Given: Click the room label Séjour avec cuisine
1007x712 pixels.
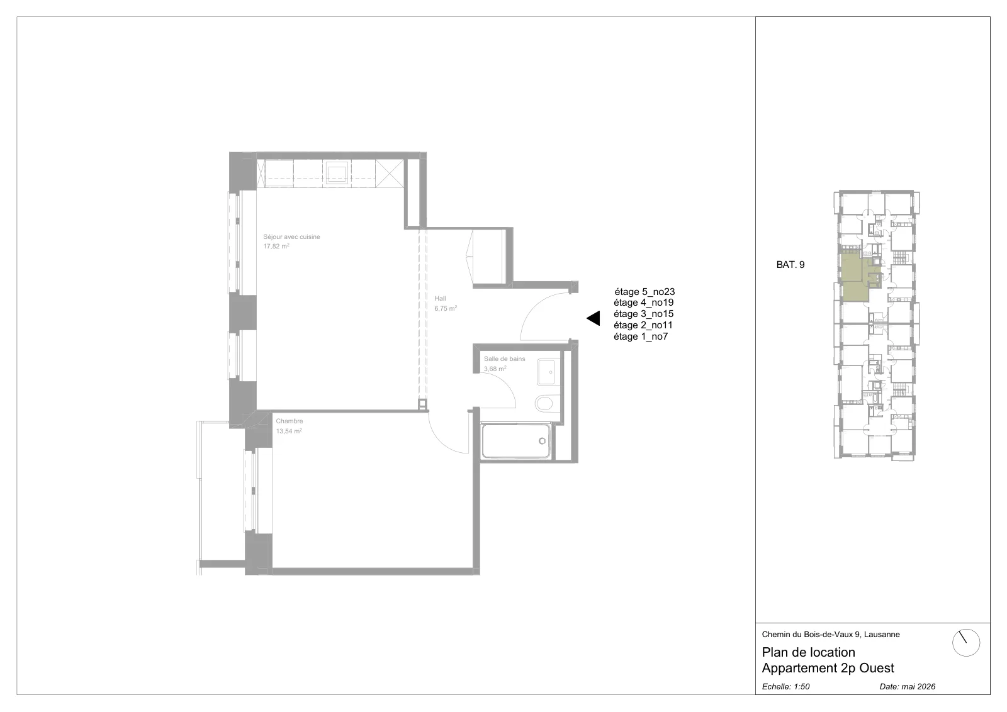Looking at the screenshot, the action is click(x=291, y=236).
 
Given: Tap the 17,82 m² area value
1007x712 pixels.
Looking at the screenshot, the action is click(x=276, y=246).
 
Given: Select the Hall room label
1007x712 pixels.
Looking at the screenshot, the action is click(x=440, y=298).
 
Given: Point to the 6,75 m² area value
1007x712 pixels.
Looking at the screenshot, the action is click(x=446, y=308).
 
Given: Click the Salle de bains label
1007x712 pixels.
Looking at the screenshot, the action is click(x=504, y=359).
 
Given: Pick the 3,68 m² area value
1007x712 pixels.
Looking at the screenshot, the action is click(x=495, y=369).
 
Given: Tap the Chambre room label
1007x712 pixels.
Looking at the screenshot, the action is click(x=289, y=421).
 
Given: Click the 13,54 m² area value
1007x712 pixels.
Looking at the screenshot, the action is click(x=289, y=431).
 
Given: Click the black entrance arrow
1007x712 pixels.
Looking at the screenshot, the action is click(x=593, y=318).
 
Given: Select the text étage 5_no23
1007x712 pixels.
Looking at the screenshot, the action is click(x=644, y=292).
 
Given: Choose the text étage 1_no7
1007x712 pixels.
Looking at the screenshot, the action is click(x=641, y=337).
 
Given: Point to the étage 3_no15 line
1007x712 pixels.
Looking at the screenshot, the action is click(x=644, y=314).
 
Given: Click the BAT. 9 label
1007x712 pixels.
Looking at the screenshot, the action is click(x=790, y=265).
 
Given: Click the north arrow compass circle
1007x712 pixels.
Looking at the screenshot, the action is click(x=965, y=643).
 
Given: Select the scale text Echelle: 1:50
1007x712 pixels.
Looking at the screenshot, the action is click(x=785, y=686).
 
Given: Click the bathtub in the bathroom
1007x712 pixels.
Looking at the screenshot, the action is click(x=516, y=441).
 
